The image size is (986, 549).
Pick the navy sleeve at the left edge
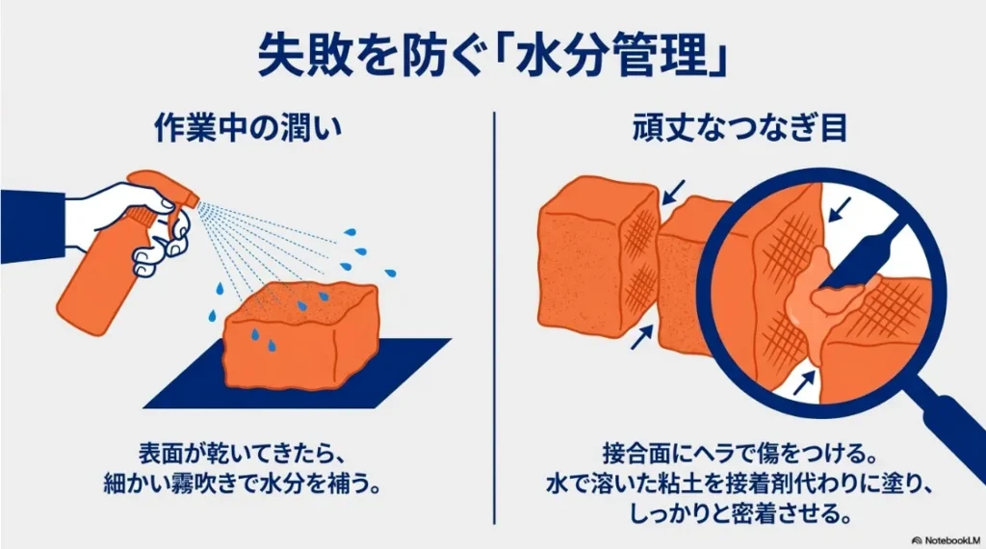point(29,218)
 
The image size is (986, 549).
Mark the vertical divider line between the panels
point(494,318)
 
